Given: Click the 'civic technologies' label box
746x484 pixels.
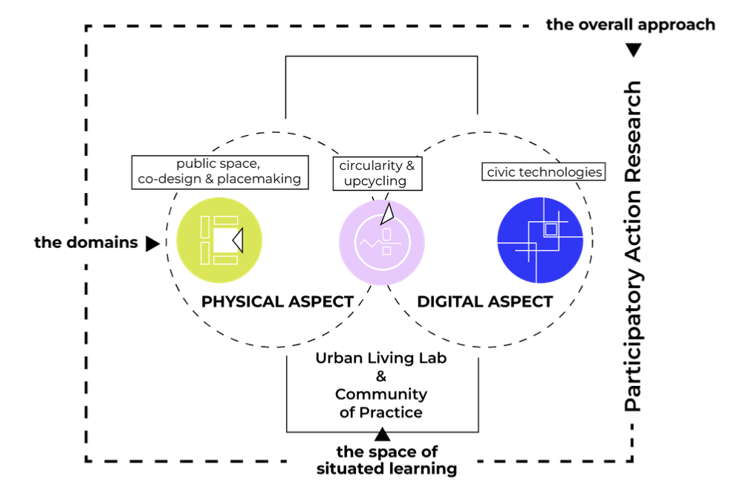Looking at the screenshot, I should [543, 171].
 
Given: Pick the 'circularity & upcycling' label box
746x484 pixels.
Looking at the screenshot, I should [377, 173].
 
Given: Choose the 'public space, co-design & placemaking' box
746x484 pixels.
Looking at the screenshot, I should [219, 171].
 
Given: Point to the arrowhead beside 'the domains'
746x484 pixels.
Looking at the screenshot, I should [152, 243].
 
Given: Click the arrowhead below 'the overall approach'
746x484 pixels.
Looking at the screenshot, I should [633, 50].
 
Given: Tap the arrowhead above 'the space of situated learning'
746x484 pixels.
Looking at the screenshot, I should [382, 434].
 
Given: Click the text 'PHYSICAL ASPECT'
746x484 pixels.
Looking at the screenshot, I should [277, 301].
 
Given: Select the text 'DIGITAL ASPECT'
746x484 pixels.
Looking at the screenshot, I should [484, 301].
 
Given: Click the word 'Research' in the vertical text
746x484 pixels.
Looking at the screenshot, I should [632, 130].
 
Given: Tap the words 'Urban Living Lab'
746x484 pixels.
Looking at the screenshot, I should [381, 358].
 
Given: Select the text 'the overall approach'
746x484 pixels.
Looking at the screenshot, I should [631, 24].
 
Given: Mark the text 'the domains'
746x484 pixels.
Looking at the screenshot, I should [85, 242].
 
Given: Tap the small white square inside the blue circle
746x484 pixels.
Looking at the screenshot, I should [551, 229].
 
